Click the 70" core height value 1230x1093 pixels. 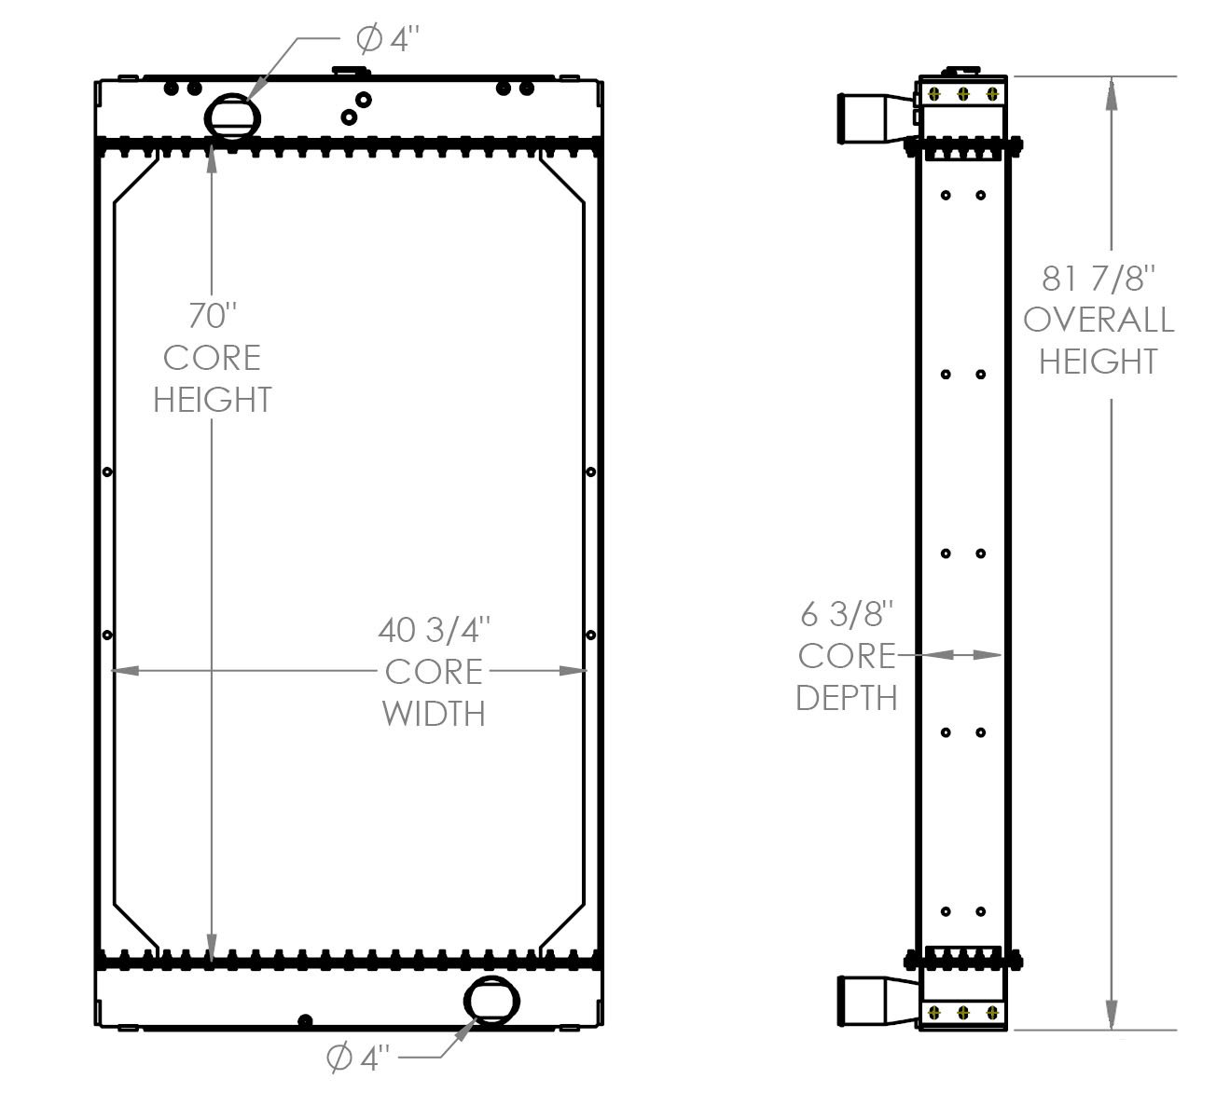[212, 315]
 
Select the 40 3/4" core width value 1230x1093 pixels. [434, 630]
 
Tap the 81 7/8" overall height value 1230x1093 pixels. [1099, 279]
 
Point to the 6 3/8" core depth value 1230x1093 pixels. [847, 614]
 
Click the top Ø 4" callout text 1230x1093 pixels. [387, 39]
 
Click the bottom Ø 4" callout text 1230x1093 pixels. [357, 1058]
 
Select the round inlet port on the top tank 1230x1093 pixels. [232, 117]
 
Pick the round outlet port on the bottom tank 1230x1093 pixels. [491, 1000]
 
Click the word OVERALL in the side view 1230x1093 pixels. [1099, 320]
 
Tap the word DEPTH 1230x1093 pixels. [847, 698]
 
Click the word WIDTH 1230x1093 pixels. [434, 714]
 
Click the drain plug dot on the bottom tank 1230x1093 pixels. [305, 1020]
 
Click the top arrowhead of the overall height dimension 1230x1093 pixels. [1111, 94]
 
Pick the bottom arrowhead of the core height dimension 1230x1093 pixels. [212, 946]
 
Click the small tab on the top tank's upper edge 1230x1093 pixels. [351, 72]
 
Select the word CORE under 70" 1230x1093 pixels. [212, 357]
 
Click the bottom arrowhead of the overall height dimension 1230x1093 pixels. [1111, 1013]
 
